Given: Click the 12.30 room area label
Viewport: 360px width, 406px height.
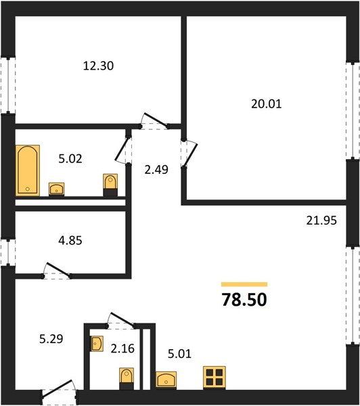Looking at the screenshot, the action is pyautogui.click(x=98, y=66).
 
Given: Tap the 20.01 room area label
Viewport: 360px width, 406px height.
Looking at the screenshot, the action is pyautogui.click(x=266, y=104).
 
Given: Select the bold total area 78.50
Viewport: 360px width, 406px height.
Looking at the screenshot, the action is pyautogui.click(x=244, y=300).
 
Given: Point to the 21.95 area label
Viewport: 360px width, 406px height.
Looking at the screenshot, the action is pyautogui.click(x=321, y=221).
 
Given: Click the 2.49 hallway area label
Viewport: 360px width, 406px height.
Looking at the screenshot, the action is pyautogui.click(x=156, y=170).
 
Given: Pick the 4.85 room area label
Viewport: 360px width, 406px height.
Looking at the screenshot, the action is pyautogui.click(x=70, y=240).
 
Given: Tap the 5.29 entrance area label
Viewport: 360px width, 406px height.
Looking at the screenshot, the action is pyautogui.click(x=51, y=339).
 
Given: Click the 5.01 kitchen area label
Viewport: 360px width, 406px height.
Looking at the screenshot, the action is pyautogui.click(x=179, y=354).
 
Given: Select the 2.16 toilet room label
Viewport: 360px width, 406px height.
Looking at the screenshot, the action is pyautogui.click(x=122, y=348).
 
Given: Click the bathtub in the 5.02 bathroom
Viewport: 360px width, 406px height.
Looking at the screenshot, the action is pyautogui.click(x=28, y=171).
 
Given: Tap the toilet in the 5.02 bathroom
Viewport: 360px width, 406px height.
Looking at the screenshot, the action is pyautogui.click(x=110, y=185).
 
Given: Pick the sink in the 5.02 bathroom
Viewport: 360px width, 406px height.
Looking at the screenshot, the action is pyautogui.click(x=56, y=189).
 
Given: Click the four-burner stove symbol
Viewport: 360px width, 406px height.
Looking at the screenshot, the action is pyautogui.click(x=215, y=378).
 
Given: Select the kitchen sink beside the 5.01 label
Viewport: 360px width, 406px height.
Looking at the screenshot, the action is pyautogui.click(x=166, y=380).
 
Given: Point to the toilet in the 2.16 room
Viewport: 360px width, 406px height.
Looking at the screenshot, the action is pyautogui.click(x=127, y=378).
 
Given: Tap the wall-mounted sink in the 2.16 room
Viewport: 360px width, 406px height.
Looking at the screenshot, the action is pyautogui.click(x=97, y=344).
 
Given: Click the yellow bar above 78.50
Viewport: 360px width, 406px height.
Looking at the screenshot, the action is pyautogui.click(x=244, y=284).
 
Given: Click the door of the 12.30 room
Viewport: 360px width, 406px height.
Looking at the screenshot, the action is pyautogui.click(x=156, y=120).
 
